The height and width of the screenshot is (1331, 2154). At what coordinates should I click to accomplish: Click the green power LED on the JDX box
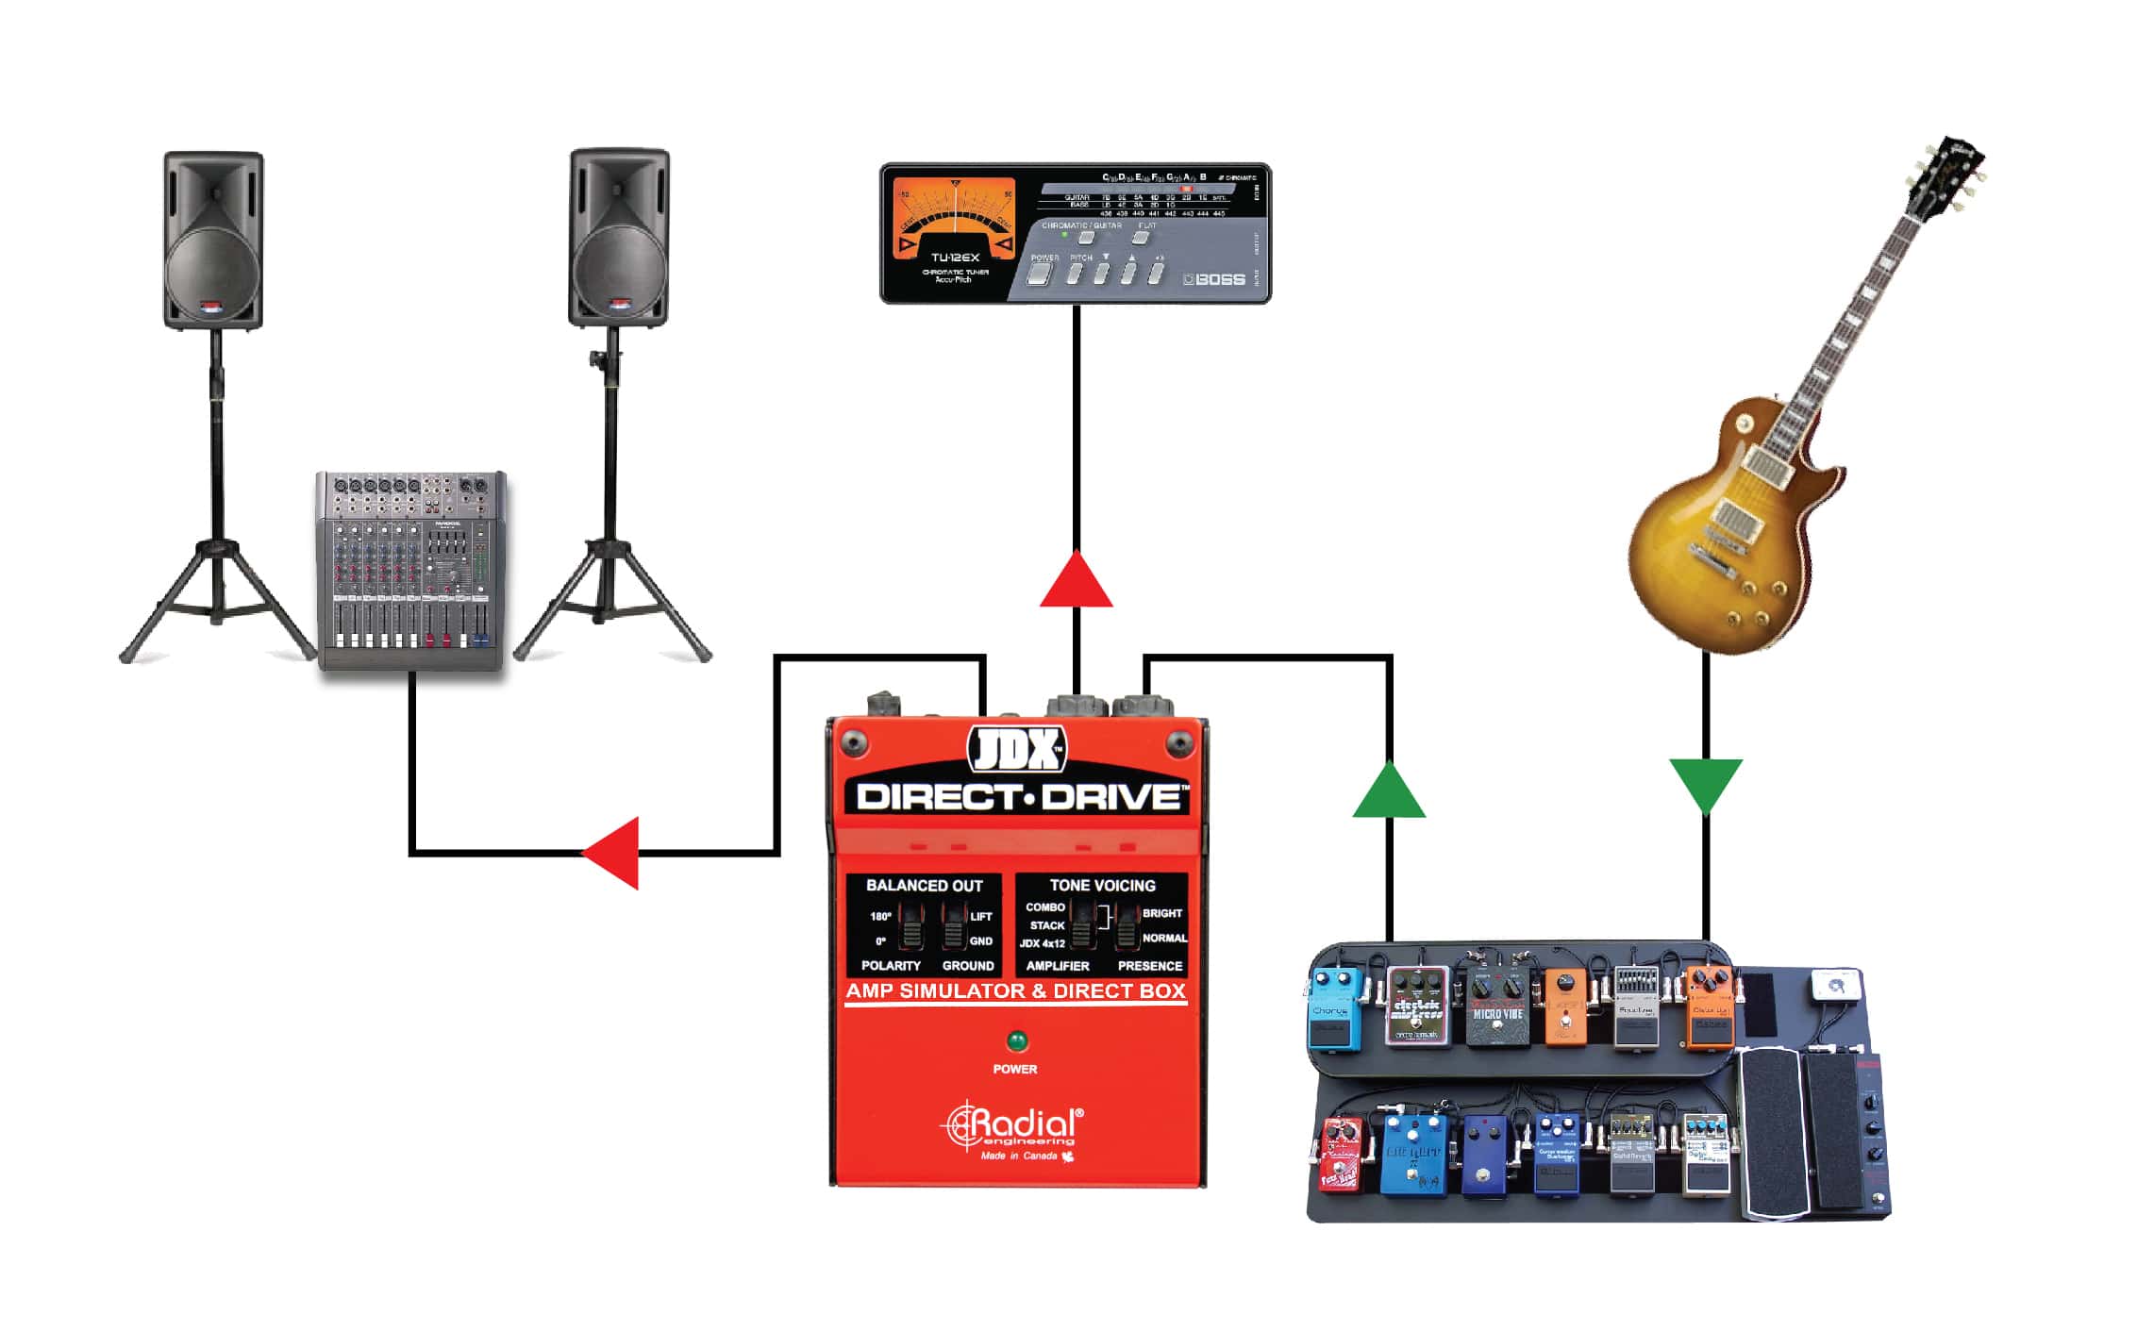tap(1016, 1041)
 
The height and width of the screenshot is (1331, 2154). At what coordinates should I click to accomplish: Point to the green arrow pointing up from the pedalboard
tap(1388, 792)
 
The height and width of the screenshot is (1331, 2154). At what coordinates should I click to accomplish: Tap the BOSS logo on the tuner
tap(1218, 279)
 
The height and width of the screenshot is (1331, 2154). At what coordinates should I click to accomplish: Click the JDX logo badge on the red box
tap(1017, 751)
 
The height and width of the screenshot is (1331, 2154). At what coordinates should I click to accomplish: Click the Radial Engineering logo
tap(1015, 1127)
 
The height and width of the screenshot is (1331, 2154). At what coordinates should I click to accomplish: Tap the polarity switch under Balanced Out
tap(910, 927)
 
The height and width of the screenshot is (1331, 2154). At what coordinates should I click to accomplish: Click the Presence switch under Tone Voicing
tap(1127, 926)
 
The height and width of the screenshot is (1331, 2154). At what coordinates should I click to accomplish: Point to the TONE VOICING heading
tap(1101, 886)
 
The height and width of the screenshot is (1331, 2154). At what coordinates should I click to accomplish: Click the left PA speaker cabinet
tap(213, 241)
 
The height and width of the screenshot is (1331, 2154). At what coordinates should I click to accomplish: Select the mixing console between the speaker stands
tap(410, 571)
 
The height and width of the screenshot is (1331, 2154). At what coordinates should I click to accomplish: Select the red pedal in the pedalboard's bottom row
tap(1341, 1155)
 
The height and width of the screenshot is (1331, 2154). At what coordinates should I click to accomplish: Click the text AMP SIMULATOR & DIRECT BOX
tap(1015, 991)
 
